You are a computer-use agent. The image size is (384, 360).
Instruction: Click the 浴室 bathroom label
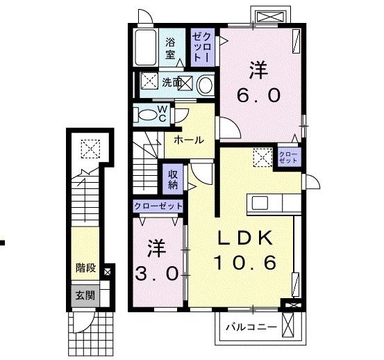[x=170, y=49]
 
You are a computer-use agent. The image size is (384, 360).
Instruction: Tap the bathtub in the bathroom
[x=146, y=47]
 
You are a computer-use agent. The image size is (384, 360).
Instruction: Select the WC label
[x=162, y=113]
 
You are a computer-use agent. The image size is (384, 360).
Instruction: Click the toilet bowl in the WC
[x=147, y=115]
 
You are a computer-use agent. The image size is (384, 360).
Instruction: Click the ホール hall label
[x=189, y=140]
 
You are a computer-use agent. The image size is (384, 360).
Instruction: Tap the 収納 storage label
[x=173, y=179]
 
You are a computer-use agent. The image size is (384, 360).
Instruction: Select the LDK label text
[x=245, y=238]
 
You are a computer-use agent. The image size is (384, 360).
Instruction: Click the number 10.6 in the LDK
[x=245, y=262]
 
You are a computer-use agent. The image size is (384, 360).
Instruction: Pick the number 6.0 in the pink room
[x=258, y=95]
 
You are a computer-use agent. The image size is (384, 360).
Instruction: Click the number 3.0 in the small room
[x=156, y=274]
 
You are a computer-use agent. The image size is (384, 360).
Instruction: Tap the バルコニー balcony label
[x=251, y=327]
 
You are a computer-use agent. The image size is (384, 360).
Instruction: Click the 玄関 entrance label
[x=85, y=295]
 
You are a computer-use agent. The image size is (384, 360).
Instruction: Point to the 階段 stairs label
[x=85, y=268]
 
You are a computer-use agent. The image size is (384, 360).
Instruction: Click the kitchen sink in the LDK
[x=260, y=203]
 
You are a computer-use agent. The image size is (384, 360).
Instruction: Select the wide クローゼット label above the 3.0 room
[x=158, y=206]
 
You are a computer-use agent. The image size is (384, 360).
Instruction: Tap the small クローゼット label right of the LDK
[x=288, y=157]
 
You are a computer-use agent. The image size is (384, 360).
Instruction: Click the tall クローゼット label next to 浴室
[x=201, y=47]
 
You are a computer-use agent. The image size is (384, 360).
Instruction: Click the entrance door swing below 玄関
[x=83, y=322]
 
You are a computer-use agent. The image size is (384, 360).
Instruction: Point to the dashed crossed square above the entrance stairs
[x=90, y=149]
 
